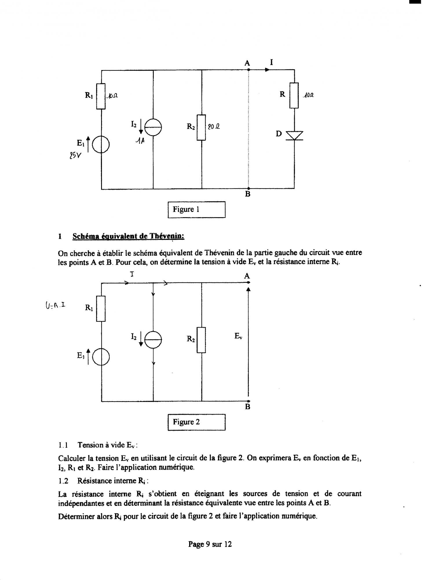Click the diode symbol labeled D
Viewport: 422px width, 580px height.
(x=294, y=135)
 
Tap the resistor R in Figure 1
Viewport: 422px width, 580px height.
(x=294, y=95)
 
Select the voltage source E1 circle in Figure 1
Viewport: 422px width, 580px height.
(x=101, y=145)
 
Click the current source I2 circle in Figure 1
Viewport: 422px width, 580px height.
(x=153, y=127)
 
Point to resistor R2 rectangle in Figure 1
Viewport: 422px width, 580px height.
(x=201, y=127)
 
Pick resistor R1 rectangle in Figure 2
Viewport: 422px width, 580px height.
(x=101, y=308)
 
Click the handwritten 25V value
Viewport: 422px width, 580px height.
(x=75, y=156)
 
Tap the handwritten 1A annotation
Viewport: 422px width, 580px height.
(x=140, y=141)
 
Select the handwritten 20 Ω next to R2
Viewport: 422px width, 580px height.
(x=214, y=126)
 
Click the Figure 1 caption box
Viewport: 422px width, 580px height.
(x=196, y=209)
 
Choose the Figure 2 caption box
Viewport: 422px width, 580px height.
(x=196, y=422)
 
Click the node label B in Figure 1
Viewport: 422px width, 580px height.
(x=248, y=194)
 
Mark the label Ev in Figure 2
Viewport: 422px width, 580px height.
(x=238, y=336)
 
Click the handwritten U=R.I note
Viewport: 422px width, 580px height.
(x=55, y=305)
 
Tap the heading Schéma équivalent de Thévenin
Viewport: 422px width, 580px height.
(x=128, y=236)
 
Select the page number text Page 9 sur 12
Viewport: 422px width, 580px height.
(x=210, y=544)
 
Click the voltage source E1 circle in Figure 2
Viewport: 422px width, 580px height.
(x=101, y=357)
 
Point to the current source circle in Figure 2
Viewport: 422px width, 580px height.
(x=153, y=339)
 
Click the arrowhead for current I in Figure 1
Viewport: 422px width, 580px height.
(x=267, y=70)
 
